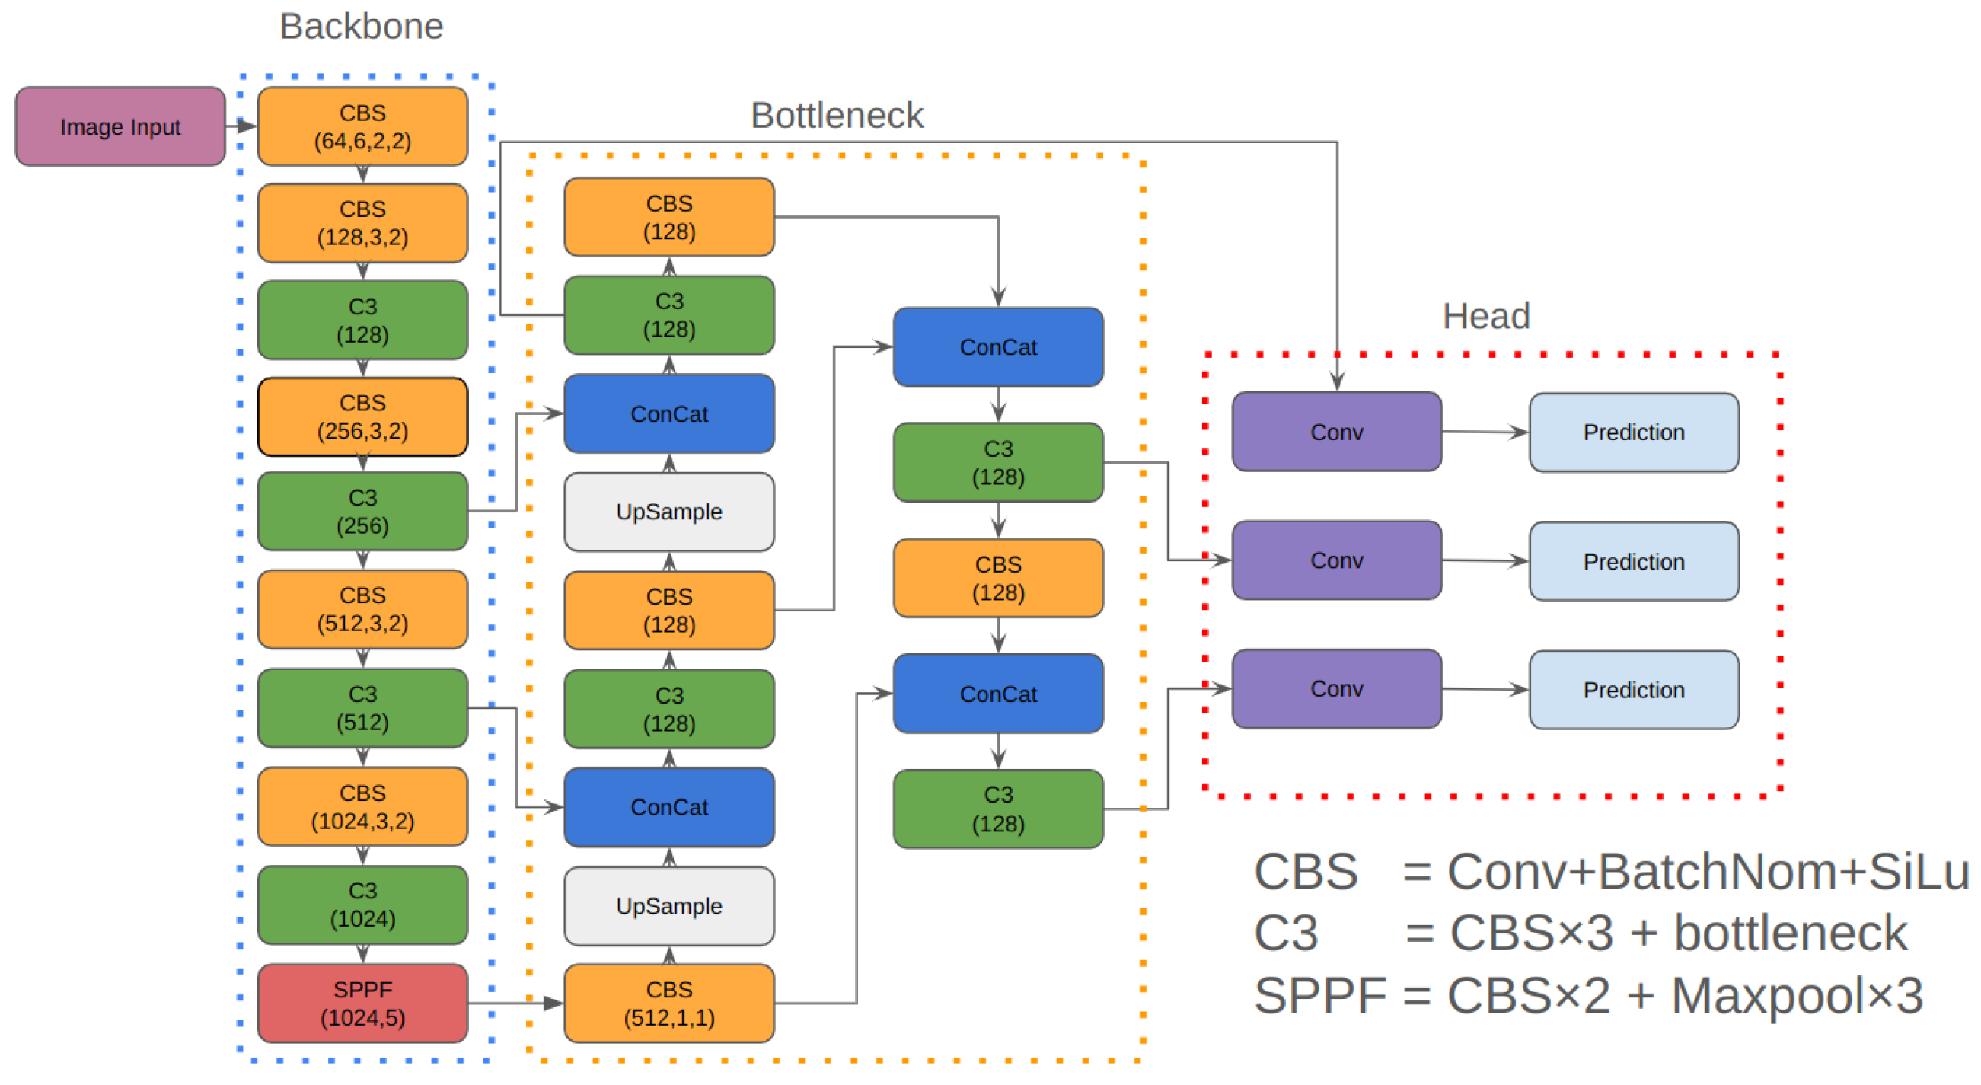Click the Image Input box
[120, 126]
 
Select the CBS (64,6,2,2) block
[362, 126]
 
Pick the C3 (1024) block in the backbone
[362, 905]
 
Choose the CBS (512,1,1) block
[669, 1003]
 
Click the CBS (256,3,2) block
[362, 416]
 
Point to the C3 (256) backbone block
[362, 511]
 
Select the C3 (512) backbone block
[362, 707]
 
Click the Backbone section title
[362, 26]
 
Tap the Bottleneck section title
[837, 115]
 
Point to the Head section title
[1486, 316]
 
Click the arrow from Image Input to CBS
[241, 126]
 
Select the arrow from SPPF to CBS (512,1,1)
[516, 1003]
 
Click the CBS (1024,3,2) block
[362, 806]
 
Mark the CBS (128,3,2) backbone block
[362, 223]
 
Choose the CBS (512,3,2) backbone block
[362, 609]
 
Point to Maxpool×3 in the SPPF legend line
[1798, 997]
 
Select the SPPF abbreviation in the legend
[1320, 997]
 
